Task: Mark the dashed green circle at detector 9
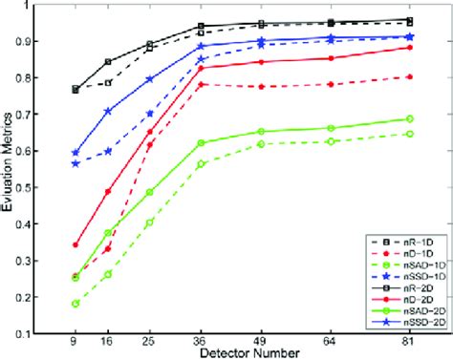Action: (75, 304)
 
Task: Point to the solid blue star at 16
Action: (107, 112)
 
